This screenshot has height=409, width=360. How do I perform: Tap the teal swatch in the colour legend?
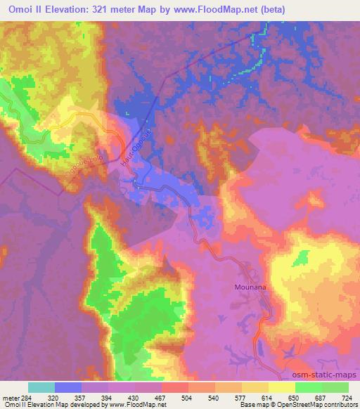click(x=41, y=387)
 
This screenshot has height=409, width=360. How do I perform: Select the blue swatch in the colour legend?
click(x=68, y=387)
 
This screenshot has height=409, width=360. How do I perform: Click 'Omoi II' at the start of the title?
click(x=25, y=8)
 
